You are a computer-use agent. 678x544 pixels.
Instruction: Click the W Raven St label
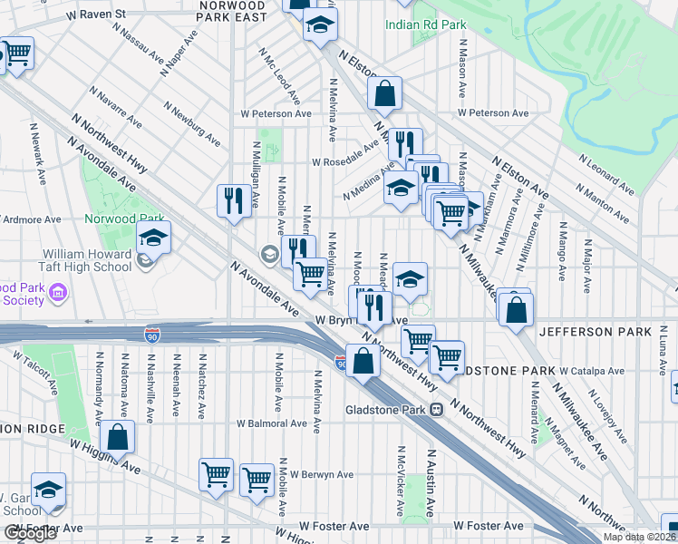click(89, 15)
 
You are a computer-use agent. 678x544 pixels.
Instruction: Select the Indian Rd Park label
click(426, 24)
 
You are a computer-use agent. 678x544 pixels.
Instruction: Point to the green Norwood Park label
click(124, 219)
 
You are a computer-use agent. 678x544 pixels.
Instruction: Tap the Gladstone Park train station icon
click(436, 409)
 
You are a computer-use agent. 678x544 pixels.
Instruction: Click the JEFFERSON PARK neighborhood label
click(595, 333)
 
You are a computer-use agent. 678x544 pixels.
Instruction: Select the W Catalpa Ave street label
click(592, 372)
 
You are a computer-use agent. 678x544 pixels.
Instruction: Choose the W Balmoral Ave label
click(272, 423)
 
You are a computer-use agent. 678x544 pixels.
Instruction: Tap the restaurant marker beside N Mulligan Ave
click(235, 200)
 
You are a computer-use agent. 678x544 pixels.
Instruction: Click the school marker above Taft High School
click(154, 238)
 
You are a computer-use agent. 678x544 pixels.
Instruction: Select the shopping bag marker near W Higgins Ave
click(118, 437)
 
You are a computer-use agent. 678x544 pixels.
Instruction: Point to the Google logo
click(30, 533)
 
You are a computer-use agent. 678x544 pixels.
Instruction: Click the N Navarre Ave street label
click(115, 108)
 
